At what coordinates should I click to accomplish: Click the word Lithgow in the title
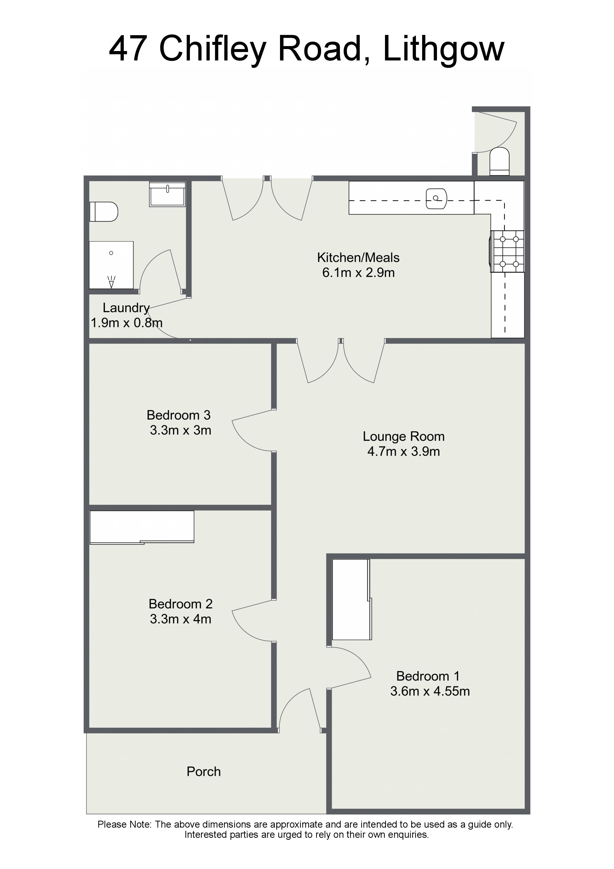click(x=443, y=49)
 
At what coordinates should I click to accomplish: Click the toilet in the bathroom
click(x=104, y=212)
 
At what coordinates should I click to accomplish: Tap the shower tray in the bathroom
click(x=111, y=265)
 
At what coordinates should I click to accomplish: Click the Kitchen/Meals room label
click(x=358, y=258)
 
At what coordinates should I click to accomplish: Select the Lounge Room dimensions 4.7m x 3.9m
click(x=404, y=452)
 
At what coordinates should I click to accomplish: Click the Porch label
click(x=204, y=771)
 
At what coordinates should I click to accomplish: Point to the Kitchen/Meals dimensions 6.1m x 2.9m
click(x=358, y=272)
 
